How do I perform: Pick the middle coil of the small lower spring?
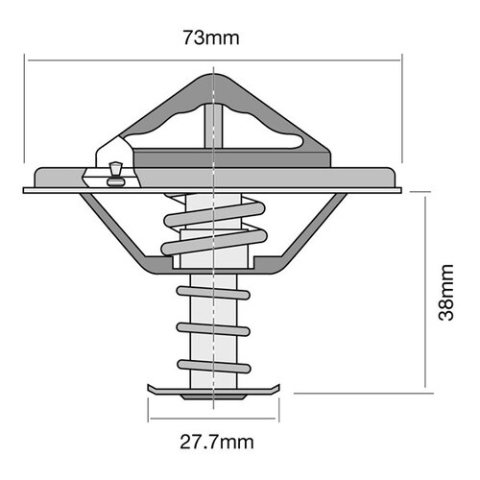coord(213,328)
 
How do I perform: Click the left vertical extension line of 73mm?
coord(26,115)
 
